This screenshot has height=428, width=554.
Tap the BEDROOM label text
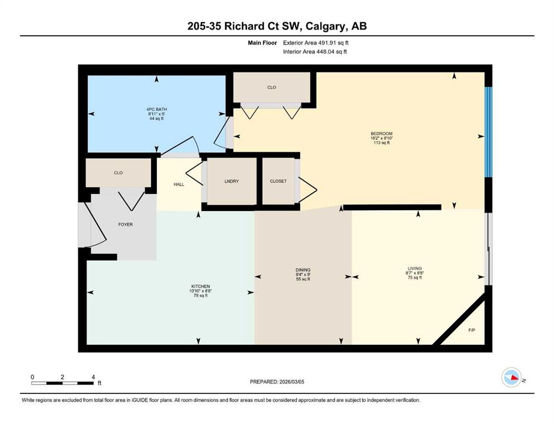click(x=382, y=134)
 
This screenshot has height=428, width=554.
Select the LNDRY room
click(x=232, y=181)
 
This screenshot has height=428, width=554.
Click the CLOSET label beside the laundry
click(x=278, y=181)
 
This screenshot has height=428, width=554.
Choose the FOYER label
click(x=126, y=225)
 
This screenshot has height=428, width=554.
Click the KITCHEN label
click(x=200, y=286)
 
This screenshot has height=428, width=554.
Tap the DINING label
click(x=303, y=270)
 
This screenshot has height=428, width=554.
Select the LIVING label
click(x=415, y=269)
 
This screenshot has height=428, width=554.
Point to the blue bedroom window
click(x=489, y=132)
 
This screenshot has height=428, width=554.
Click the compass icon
click(x=511, y=377)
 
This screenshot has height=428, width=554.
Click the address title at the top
click(x=277, y=26)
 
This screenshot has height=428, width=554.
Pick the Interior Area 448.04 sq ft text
click(x=315, y=52)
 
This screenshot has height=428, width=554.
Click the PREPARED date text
click(x=277, y=382)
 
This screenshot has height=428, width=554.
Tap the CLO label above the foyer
click(x=118, y=173)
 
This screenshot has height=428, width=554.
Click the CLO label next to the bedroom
click(x=272, y=87)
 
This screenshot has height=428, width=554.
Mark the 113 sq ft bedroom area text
click(x=382, y=143)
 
